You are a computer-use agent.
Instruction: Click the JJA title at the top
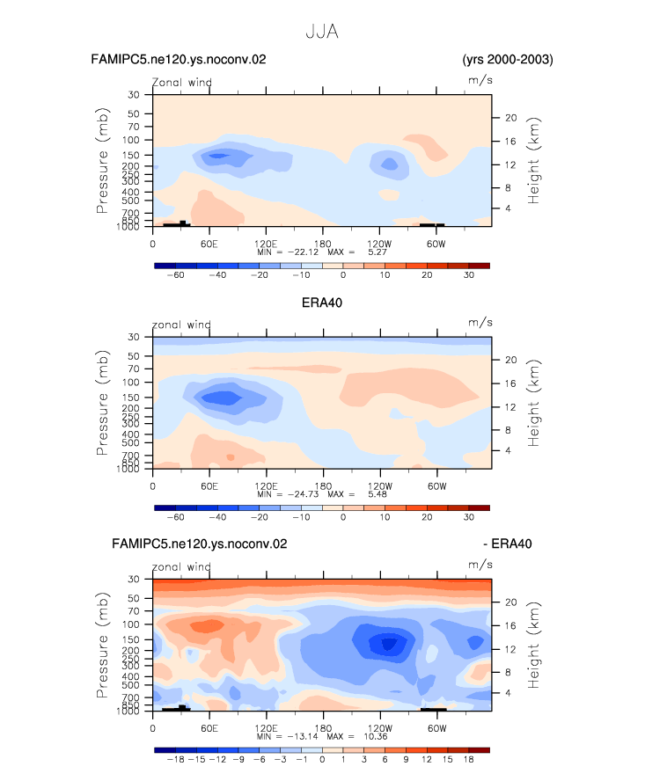pyautogui.click(x=322, y=32)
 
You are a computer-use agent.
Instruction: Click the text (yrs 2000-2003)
pyautogui.click(x=508, y=59)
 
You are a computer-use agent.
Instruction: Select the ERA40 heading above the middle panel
pyautogui.click(x=322, y=303)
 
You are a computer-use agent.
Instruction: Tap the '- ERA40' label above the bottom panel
pyautogui.click(x=507, y=544)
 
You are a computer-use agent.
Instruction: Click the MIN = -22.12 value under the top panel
pyautogui.click(x=288, y=252)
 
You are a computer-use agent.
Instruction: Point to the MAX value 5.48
pyautogui.click(x=377, y=494)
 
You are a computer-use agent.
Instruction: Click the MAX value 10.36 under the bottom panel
pyautogui.click(x=376, y=736)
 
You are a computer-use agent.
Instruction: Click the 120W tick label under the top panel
pyautogui.click(x=379, y=244)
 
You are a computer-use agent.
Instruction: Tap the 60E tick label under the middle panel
pyautogui.click(x=209, y=486)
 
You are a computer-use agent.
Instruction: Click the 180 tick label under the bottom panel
pyautogui.click(x=323, y=728)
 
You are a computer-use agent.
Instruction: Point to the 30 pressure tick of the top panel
pyautogui.click(x=134, y=95)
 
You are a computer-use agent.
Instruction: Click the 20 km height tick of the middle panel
pyautogui.click(x=511, y=360)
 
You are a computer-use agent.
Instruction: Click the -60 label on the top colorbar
pyautogui.click(x=175, y=275)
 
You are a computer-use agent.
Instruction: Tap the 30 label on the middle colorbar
pyautogui.click(x=468, y=517)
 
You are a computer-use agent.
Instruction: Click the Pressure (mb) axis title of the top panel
pyautogui.click(x=102, y=160)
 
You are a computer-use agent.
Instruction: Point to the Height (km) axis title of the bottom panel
pyautogui.click(x=533, y=645)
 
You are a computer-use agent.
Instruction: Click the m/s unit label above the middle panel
pyautogui.click(x=480, y=323)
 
